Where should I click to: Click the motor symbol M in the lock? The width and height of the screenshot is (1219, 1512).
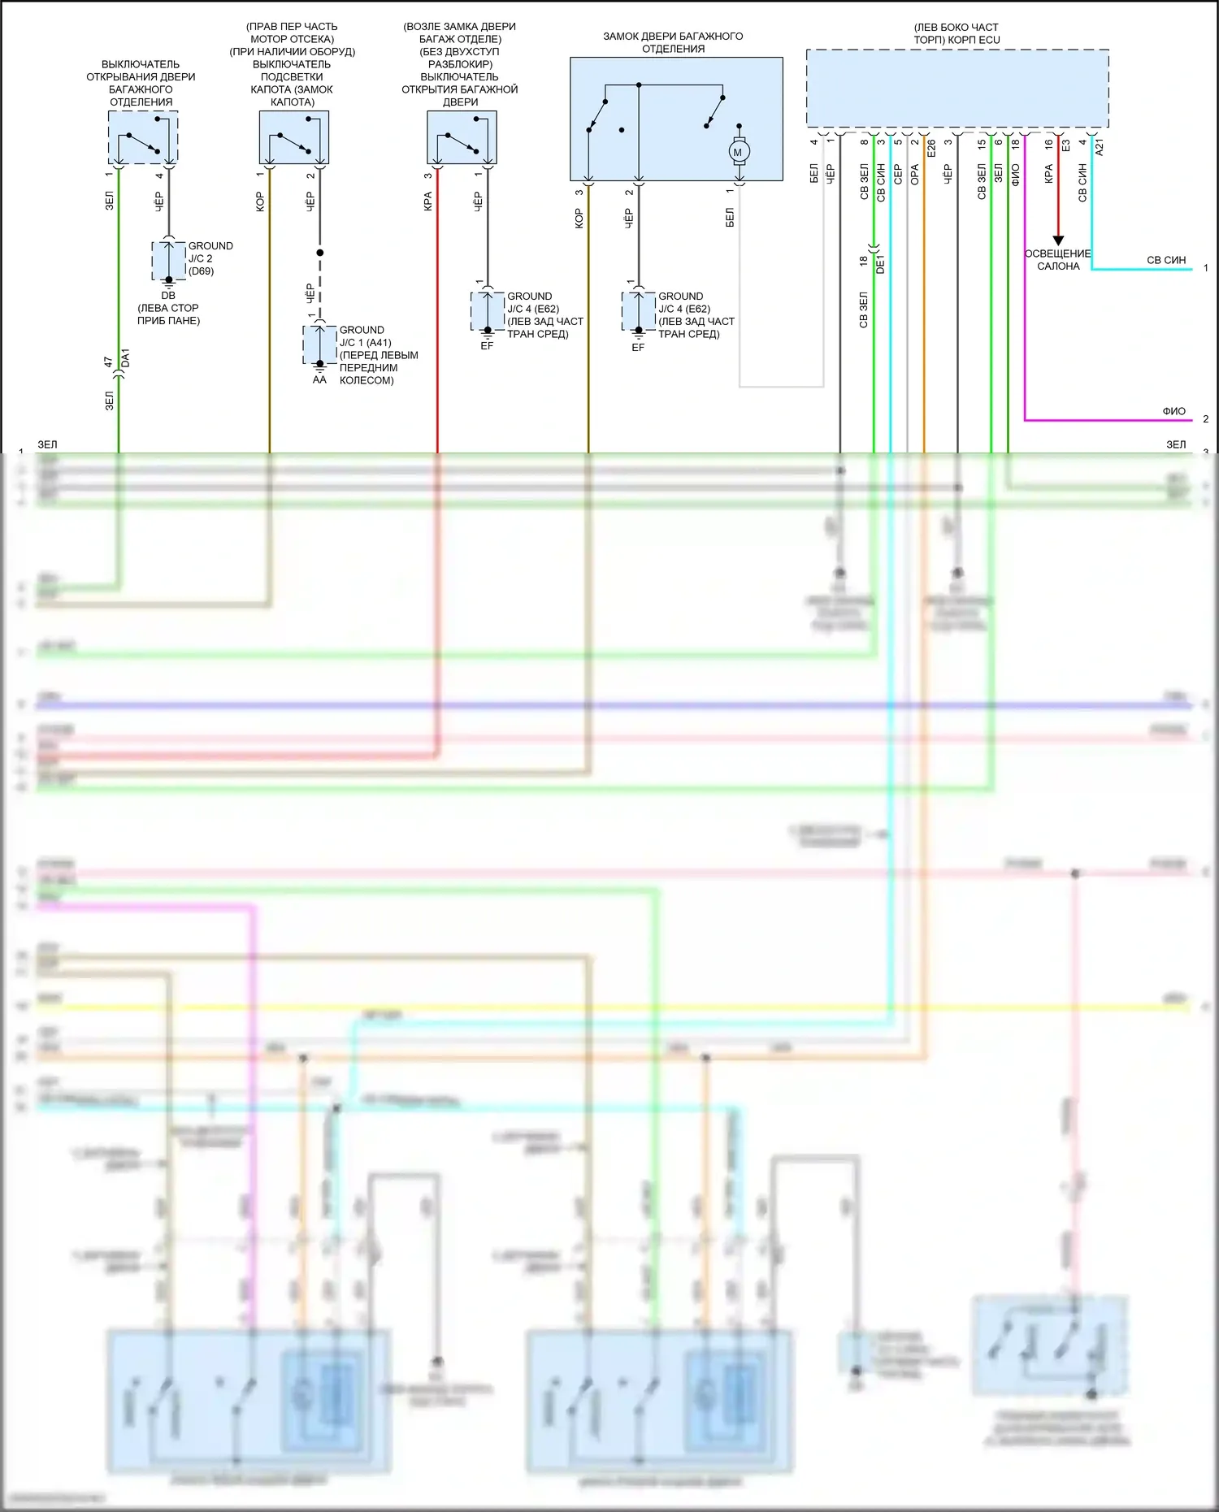pyautogui.click(x=738, y=152)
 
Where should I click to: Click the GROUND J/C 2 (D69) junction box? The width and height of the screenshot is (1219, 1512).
pyautogui.click(x=168, y=260)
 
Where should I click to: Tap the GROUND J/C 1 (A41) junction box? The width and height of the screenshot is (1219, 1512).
pyautogui.click(x=319, y=345)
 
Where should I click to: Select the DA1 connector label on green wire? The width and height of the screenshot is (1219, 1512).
pyautogui.click(x=125, y=358)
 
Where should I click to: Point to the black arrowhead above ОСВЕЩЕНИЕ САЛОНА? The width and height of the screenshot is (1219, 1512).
pyautogui.click(x=1058, y=240)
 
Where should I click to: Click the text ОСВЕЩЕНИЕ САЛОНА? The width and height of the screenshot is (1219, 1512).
pyautogui.click(x=1057, y=260)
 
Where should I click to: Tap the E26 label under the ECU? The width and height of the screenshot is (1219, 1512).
pyautogui.click(x=931, y=149)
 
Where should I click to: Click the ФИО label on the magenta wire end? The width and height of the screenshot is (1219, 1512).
pyautogui.click(x=1173, y=411)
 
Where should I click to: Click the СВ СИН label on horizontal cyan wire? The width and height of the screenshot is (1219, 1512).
pyautogui.click(x=1165, y=260)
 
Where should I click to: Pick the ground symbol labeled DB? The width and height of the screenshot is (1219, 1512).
pyautogui.click(x=168, y=282)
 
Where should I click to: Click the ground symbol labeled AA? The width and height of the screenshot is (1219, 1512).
pyautogui.click(x=319, y=367)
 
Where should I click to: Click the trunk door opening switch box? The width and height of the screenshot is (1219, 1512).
pyautogui.click(x=143, y=137)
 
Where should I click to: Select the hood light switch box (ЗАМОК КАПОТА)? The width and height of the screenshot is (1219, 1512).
pyautogui.click(x=293, y=137)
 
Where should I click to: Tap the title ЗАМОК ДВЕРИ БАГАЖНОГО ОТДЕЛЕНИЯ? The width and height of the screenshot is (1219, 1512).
pyautogui.click(x=673, y=42)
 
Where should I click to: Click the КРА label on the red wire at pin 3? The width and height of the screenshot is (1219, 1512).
pyautogui.click(x=427, y=201)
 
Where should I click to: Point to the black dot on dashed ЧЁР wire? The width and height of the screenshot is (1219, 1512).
pyautogui.click(x=319, y=253)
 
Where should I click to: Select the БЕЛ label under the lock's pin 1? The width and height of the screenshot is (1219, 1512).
pyautogui.click(x=730, y=217)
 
